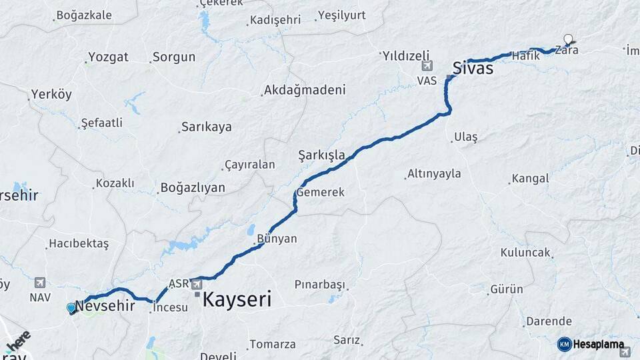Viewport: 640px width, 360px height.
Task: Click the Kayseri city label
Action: pyautogui.click(x=237, y=300)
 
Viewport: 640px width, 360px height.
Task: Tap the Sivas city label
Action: pyautogui.click(x=473, y=67)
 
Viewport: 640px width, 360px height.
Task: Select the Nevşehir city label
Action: pyautogui.click(x=105, y=306)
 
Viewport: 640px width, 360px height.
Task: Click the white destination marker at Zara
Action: pyautogui.click(x=568, y=39)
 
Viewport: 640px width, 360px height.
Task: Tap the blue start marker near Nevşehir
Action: pyautogui.click(x=71, y=308)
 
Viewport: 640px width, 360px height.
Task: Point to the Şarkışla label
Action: pyautogui.click(x=321, y=156)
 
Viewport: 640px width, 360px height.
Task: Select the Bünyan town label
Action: pyautogui.click(x=277, y=238)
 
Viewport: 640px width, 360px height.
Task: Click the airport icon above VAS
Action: pyautogui.click(x=427, y=65)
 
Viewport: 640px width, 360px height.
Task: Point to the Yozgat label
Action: pyautogui.click(x=108, y=57)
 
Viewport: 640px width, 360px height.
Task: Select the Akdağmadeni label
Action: pyautogui.click(x=305, y=90)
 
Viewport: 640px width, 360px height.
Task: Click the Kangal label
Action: pyautogui.click(x=530, y=179)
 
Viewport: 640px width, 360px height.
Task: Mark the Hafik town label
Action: pyautogui.click(x=525, y=57)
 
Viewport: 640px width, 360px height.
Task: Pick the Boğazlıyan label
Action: pyautogui.click(x=193, y=188)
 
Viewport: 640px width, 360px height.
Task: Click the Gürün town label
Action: pyautogui.click(x=507, y=290)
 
